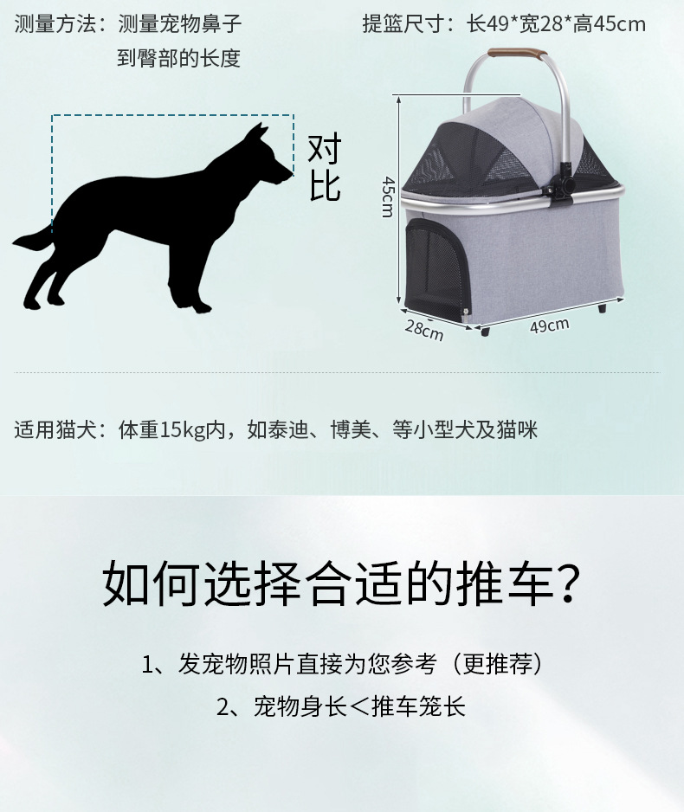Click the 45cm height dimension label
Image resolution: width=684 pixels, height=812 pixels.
388,197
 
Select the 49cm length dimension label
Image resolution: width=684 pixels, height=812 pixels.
550,326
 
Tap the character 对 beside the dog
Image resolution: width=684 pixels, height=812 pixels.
325,150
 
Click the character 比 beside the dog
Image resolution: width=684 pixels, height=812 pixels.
325,185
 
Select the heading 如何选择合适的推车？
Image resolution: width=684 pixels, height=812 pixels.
341,584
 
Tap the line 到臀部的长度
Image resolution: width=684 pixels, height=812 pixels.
178,59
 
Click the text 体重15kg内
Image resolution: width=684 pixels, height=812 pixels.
172,429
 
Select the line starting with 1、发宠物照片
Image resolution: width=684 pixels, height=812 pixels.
342,664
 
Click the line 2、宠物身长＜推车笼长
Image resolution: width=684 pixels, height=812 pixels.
341,706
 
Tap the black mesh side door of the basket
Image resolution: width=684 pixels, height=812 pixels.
434,265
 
